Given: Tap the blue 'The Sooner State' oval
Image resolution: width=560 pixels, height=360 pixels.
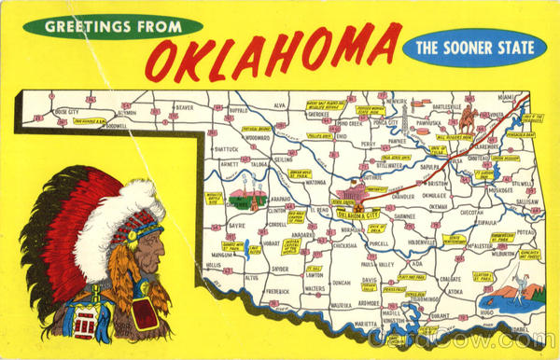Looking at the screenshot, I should point(474,48).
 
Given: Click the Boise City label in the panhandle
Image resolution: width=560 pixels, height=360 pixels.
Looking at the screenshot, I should point(67,112).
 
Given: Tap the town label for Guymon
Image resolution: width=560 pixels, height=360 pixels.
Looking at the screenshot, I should point(127,112).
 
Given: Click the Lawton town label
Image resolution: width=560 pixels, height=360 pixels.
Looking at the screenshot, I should point(315,274).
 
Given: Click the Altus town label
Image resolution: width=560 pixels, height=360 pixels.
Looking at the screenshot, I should point(252,278).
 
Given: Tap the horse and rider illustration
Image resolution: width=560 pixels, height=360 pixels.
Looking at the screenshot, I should point(468,118).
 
